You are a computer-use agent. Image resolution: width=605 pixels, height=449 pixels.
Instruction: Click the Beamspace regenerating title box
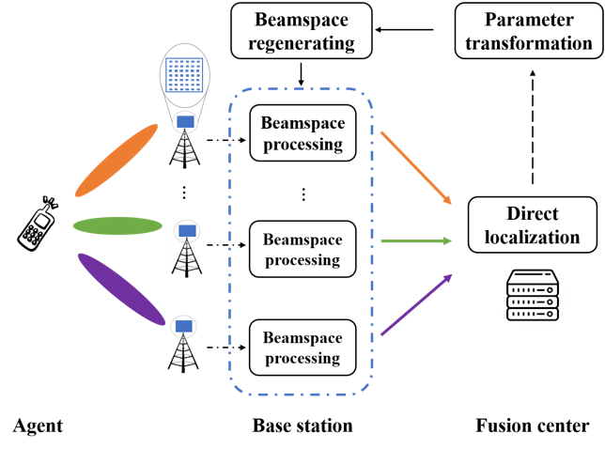302,31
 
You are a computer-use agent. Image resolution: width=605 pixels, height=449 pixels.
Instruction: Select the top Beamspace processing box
302,133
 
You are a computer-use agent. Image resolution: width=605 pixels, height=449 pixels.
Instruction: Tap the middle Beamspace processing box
302,249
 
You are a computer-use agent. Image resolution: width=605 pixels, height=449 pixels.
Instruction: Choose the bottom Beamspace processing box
302,348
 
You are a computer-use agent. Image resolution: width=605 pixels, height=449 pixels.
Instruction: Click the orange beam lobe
116,161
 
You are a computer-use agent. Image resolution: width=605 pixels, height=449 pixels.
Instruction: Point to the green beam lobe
117,225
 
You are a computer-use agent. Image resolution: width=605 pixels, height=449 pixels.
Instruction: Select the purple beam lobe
121,288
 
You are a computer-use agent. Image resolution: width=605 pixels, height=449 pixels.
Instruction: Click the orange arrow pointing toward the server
416,167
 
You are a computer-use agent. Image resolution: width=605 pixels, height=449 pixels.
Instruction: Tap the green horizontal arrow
416,241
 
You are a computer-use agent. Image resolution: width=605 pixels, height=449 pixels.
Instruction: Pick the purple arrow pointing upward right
416,304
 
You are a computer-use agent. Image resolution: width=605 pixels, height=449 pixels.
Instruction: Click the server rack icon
533,295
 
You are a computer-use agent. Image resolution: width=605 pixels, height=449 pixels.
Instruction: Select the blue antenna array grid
184,75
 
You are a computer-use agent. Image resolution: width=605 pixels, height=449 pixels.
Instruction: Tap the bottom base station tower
182,349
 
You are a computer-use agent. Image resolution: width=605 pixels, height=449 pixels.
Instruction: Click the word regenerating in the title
302,42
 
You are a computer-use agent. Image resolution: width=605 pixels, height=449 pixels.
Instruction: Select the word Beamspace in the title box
302,20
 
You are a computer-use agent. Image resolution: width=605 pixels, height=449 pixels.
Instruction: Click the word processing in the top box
302,145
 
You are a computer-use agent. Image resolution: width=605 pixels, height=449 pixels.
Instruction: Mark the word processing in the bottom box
302,359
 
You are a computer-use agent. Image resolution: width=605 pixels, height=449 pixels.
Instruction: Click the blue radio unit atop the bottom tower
183,325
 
